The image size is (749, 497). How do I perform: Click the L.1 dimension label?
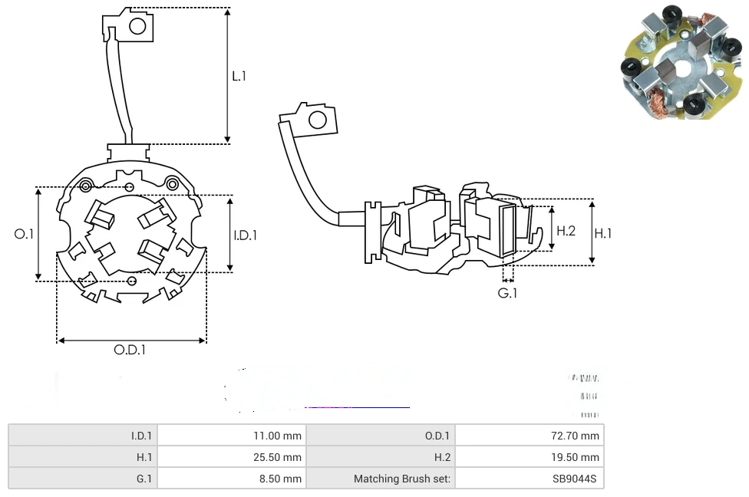pyautogui.click(x=239, y=76)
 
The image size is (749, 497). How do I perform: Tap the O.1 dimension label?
pyautogui.click(x=25, y=234)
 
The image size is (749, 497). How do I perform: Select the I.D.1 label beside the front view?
pyautogui.click(x=245, y=235)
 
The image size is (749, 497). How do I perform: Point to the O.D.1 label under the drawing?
pyautogui.click(x=130, y=350)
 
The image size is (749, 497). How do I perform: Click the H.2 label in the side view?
pyautogui.click(x=566, y=230)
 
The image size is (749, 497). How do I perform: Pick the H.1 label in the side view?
pyautogui.click(x=603, y=233)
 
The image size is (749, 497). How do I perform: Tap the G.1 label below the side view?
pyautogui.click(x=507, y=293)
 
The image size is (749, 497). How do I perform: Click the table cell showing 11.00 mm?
pyautogui.click(x=277, y=436)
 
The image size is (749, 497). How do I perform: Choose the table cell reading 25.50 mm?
pyautogui.click(x=277, y=457)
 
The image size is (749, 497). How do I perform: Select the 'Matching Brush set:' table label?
pyautogui.click(x=403, y=479)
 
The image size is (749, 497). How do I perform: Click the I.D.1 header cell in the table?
pyautogui.click(x=141, y=436)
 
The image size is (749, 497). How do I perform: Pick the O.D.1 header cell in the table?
pyautogui.click(x=437, y=436)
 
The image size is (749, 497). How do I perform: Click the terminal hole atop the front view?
pyautogui.click(x=138, y=27)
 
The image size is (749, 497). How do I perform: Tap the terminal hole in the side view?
pyautogui.click(x=316, y=119)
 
